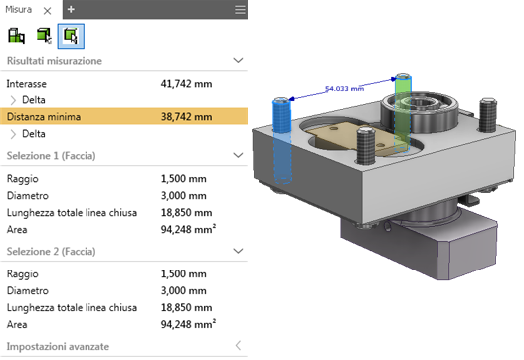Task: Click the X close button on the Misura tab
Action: tap(47, 11)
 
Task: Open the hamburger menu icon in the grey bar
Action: tap(240, 9)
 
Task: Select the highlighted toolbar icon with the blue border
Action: tap(71, 36)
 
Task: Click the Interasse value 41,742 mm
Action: tap(186, 84)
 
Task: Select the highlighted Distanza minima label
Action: tap(44, 117)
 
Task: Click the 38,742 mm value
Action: tap(186, 117)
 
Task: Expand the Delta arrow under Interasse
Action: tap(13, 100)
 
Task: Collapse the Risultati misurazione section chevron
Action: tap(238, 61)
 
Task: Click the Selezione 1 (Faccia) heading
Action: tap(51, 156)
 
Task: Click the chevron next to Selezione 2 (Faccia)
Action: tap(238, 251)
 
